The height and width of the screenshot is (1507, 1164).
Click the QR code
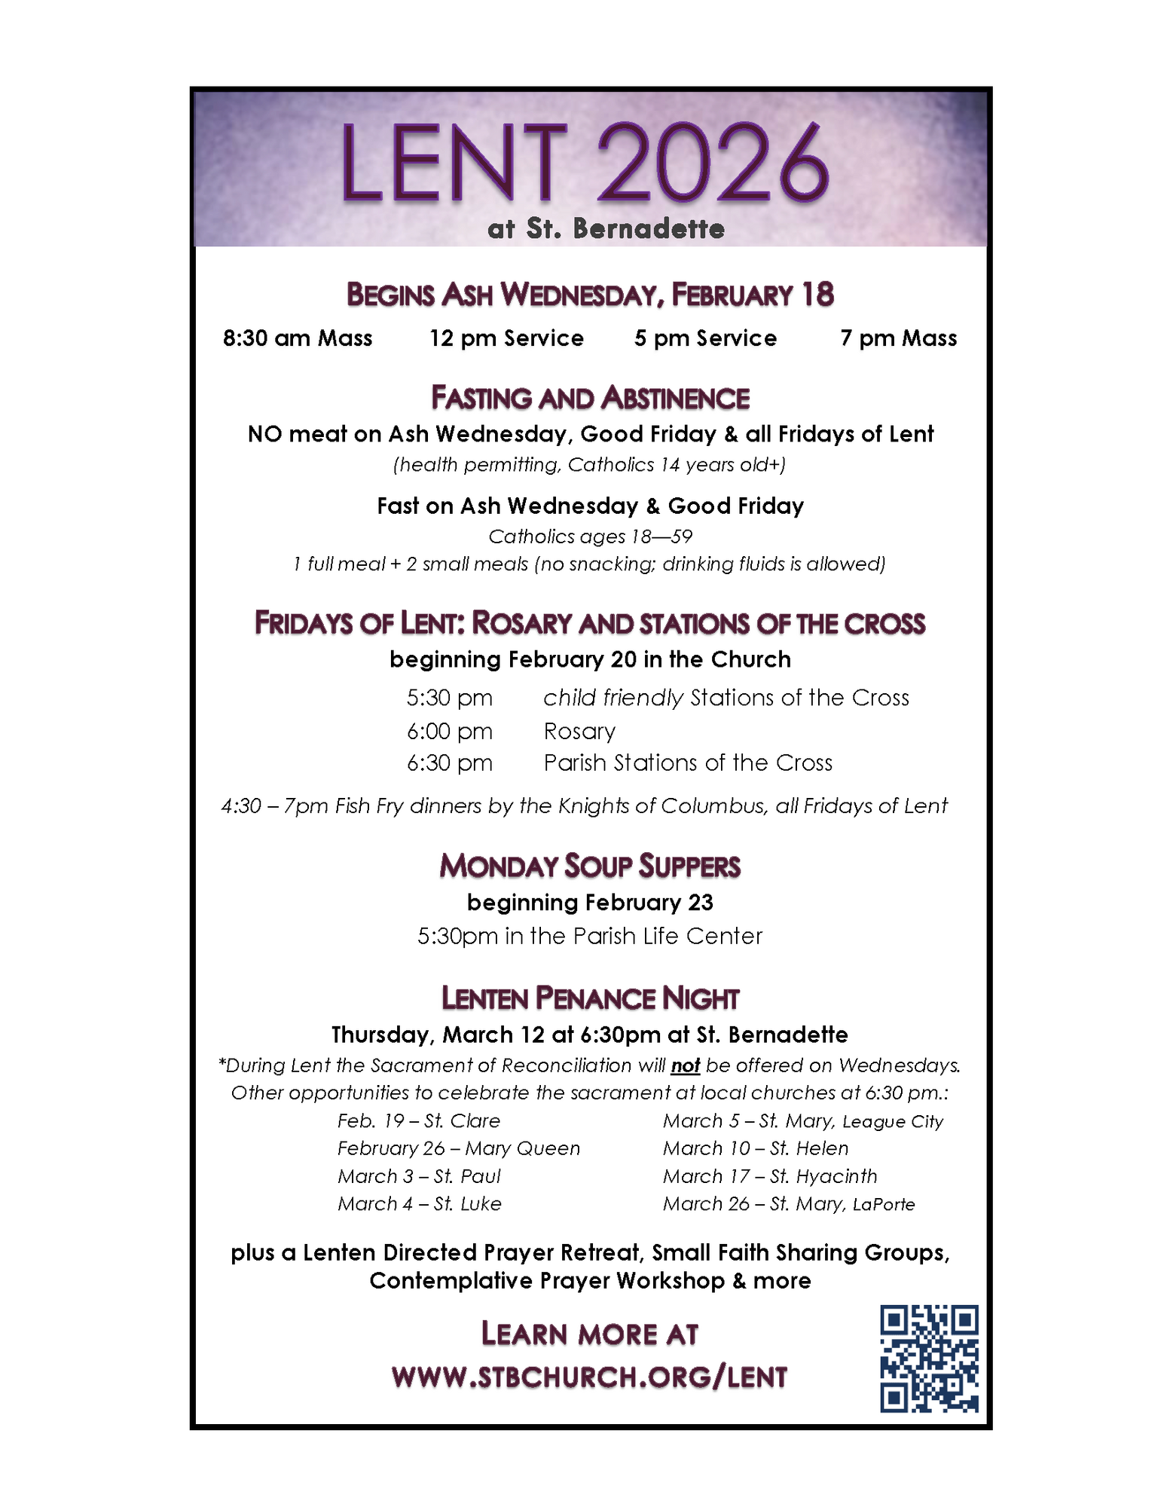point(929,1359)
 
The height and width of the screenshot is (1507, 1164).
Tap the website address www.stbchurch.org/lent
point(589,1377)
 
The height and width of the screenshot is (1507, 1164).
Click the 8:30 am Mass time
point(298,338)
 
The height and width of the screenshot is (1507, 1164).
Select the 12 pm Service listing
point(506,338)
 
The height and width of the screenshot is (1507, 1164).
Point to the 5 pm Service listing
point(705,338)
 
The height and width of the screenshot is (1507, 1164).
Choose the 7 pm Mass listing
point(898,338)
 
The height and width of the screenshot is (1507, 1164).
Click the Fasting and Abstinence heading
point(590,398)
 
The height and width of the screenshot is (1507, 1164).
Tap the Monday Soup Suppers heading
point(590,866)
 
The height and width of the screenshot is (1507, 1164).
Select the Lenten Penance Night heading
point(590,998)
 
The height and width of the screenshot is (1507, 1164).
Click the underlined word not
point(686,1065)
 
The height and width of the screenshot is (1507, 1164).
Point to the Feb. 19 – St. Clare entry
point(419,1120)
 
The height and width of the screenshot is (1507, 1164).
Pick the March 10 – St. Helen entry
point(756,1148)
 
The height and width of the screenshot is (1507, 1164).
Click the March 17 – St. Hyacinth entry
point(770,1176)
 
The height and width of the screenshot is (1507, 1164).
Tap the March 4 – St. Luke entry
point(420,1204)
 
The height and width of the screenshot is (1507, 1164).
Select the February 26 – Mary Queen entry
point(459,1148)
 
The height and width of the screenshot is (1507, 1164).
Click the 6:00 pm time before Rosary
point(450,731)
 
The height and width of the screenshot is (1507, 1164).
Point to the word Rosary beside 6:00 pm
point(579,731)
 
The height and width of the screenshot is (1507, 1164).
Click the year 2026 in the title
point(713,164)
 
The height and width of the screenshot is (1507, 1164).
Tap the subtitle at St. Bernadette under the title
point(606,228)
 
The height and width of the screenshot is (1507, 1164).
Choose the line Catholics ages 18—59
point(590,536)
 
